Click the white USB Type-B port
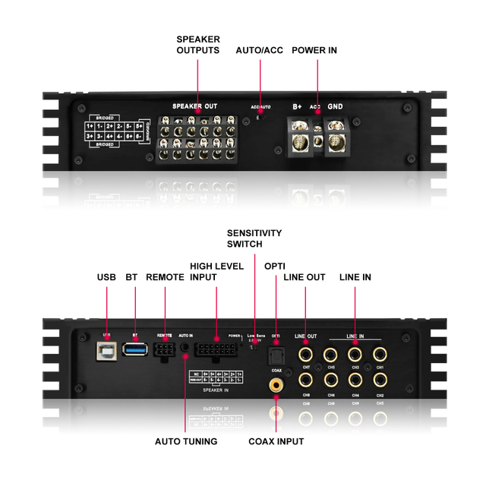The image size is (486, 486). point(106,351)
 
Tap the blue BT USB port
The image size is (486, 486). point(135,350)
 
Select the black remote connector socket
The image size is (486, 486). point(164,352)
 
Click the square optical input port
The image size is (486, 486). point(276,354)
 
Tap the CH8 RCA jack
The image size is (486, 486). point(306,380)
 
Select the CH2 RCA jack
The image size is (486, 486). point(380,380)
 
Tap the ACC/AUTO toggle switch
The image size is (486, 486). point(260,115)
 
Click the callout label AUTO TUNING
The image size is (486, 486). point(186,441)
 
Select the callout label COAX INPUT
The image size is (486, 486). point(276,442)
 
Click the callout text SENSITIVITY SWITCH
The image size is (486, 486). point(254,238)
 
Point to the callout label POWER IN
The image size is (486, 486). point(314,50)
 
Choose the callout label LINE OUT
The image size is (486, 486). point(305,277)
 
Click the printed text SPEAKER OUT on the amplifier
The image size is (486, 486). point(194,106)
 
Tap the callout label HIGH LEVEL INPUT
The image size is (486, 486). point(216,272)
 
